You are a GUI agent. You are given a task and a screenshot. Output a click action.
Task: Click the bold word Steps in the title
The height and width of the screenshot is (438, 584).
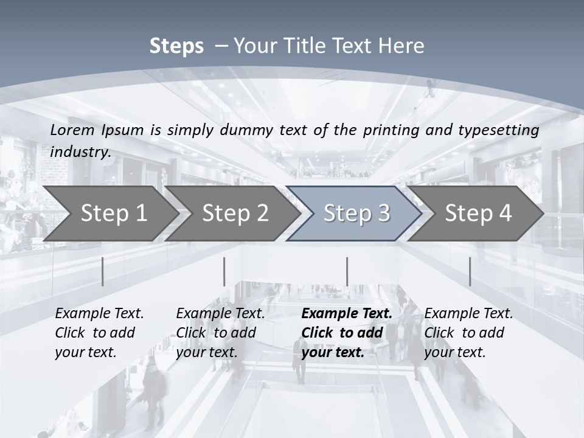click(176, 46)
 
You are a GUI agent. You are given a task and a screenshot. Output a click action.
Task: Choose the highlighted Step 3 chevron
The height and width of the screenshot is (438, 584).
click(356, 213)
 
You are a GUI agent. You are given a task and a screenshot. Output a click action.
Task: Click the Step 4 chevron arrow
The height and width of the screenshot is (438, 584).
click(478, 213)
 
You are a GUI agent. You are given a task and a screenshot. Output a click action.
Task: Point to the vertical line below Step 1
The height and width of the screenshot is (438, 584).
click(103, 271)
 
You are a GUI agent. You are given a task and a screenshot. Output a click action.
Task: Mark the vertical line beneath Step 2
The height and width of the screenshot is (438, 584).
click(224, 271)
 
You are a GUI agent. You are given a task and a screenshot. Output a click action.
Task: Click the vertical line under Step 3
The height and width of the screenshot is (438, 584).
click(347, 271)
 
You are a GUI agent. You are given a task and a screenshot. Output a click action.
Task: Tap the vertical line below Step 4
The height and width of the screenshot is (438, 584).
click(470, 271)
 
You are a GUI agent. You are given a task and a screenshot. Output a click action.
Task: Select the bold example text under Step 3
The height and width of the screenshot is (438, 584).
click(346, 333)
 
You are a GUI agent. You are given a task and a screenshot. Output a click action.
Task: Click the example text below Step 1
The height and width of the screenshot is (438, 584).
click(99, 333)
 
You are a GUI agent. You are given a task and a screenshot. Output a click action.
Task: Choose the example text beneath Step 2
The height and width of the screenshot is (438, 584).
click(220, 333)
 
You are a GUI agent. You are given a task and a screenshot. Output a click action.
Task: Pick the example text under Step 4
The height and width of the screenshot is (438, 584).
click(468, 333)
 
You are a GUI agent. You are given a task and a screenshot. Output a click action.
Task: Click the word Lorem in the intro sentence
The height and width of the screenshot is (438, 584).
click(72, 130)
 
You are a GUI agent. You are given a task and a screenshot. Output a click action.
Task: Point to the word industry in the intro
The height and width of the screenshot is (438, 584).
click(80, 152)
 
